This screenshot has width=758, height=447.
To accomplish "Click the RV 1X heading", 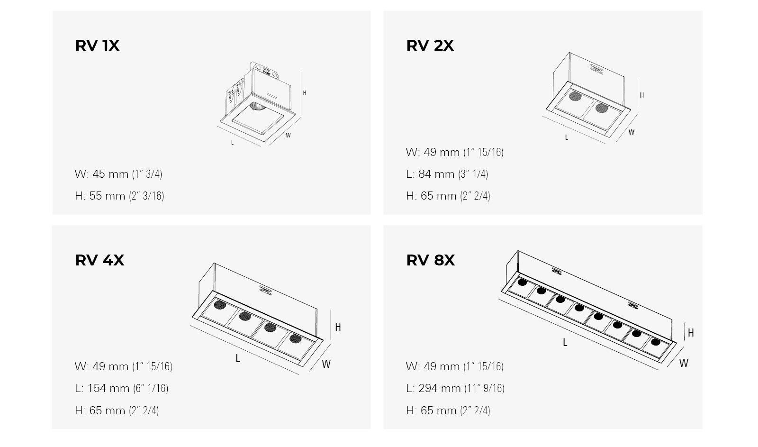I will coord(97,46).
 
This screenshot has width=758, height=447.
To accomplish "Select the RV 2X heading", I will coord(430,46).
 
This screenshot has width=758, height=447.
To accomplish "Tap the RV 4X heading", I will coord(99,260).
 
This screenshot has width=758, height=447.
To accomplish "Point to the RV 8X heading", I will coord(430,260).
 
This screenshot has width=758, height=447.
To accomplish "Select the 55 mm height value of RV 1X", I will coord(107,196).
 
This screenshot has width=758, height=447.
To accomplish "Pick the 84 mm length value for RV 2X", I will coord(436,174).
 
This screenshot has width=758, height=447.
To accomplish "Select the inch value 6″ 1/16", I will coord(151,388).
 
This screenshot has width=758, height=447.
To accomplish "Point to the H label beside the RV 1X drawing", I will coord(304,93).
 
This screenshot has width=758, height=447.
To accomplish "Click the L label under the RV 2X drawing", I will coord(566,137).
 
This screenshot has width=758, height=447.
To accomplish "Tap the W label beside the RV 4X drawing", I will coord(326,364).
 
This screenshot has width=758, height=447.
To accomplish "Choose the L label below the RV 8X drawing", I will coord(565,342).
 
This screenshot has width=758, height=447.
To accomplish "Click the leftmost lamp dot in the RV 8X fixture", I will coord(522,283).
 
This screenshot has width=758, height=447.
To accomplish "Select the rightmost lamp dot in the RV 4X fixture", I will coord(295,338).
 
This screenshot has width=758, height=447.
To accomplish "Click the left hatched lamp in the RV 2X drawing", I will coord(575,97).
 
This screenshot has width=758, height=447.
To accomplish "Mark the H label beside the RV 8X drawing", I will coord(691,333).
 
